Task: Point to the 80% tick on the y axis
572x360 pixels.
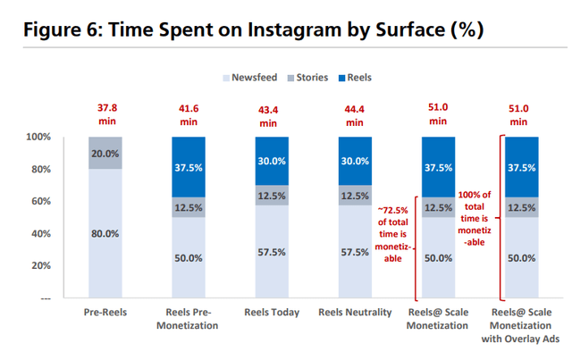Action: (40, 170)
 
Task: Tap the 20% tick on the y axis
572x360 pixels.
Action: (40, 266)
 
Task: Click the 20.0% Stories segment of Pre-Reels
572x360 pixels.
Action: (106, 153)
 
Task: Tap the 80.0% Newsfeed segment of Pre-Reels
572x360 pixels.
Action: (106, 234)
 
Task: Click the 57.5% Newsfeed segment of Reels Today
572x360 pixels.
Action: (271, 253)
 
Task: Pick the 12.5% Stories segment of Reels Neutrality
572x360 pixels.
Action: (354, 196)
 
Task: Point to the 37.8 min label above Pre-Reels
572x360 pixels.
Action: (106, 115)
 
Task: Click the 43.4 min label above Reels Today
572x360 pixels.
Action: (271, 115)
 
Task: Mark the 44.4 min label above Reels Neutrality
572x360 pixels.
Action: (354, 115)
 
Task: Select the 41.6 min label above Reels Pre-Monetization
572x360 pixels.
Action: (189, 115)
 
